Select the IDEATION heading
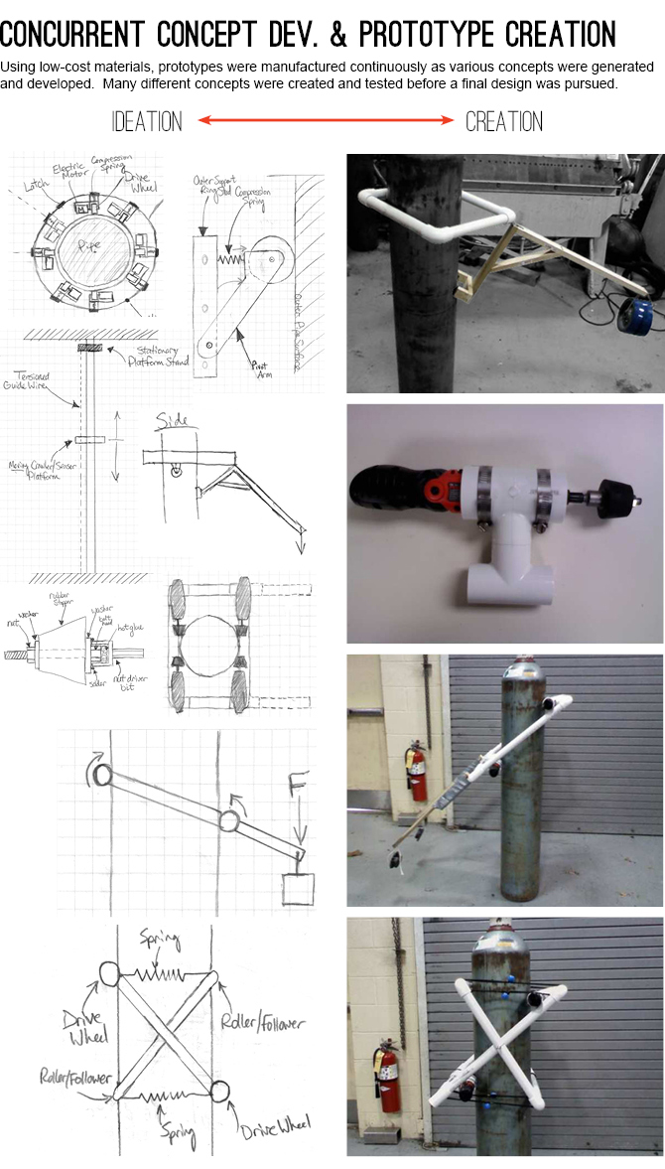click(x=147, y=122)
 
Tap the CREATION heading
click(x=504, y=122)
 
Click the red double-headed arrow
click(x=325, y=121)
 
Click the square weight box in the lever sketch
click(x=298, y=889)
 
